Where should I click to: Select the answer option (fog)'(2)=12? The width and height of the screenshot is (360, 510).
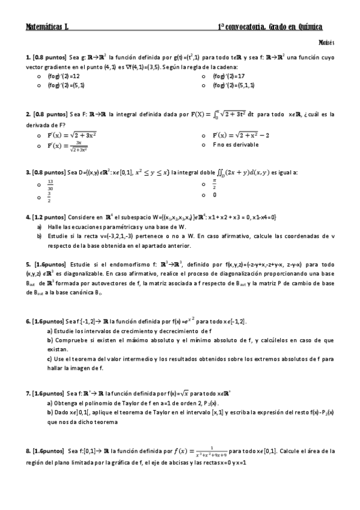coord(64,76)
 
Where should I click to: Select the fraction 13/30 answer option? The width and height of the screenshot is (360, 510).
coord(50,184)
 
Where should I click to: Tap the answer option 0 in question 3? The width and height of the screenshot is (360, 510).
coord(215,195)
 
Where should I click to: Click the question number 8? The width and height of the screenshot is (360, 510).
coord(28,450)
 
